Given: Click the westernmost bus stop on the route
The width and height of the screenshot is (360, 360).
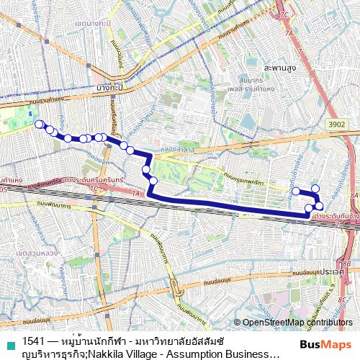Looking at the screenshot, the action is tap(37, 123).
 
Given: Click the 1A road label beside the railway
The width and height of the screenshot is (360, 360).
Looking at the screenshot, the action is tap(135, 194).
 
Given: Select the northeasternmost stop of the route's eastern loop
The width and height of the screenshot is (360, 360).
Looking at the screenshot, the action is tap(315, 188).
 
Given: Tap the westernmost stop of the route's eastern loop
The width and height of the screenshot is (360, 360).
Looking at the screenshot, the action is tap(295, 191).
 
